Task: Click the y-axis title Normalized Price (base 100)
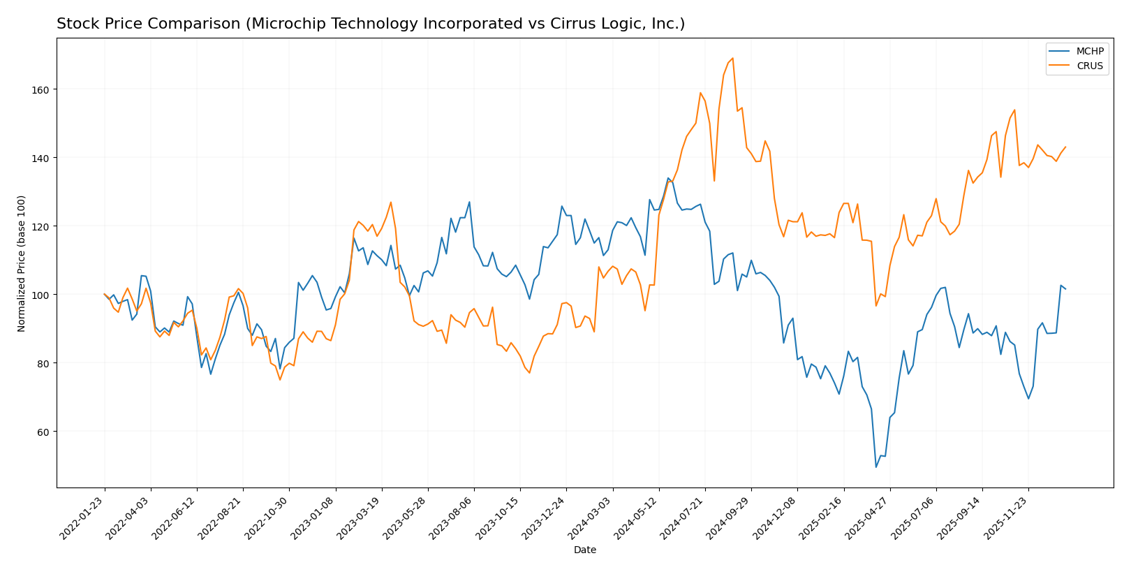pyautogui.click(x=22, y=263)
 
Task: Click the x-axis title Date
pyautogui.click(x=584, y=550)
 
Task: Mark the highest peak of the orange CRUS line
pyautogui.click(x=732, y=58)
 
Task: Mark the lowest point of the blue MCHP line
pyautogui.click(x=875, y=467)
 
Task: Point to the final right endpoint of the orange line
pyautogui.click(x=1065, y=147)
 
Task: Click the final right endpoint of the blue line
pyautogui.click(x=1065, y=289)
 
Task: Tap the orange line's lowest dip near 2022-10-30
pyautogui.click(x=280, y=379)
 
